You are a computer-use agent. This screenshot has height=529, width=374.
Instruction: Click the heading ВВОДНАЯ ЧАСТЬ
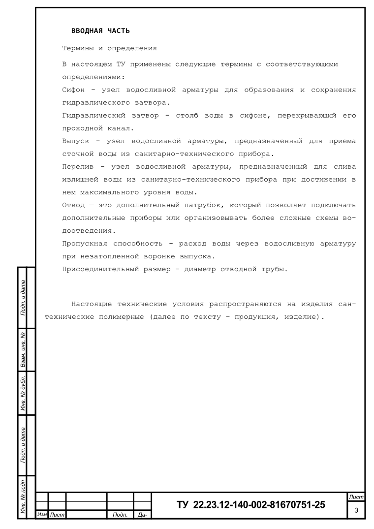click(x=100, y=31)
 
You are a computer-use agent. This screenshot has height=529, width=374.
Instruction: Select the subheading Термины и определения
click(x=109, y=48)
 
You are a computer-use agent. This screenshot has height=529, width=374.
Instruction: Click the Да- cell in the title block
click(x=142, y=515)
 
